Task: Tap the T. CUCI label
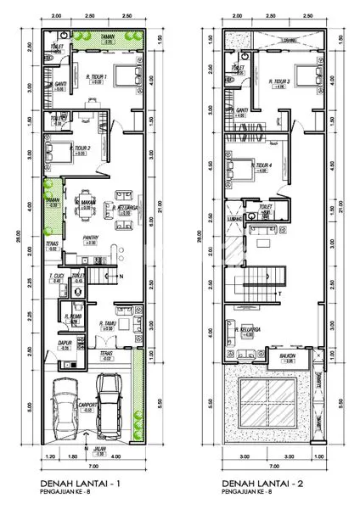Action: (x=58, y=277)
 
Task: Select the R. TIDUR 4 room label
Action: (x=262, y=166)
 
